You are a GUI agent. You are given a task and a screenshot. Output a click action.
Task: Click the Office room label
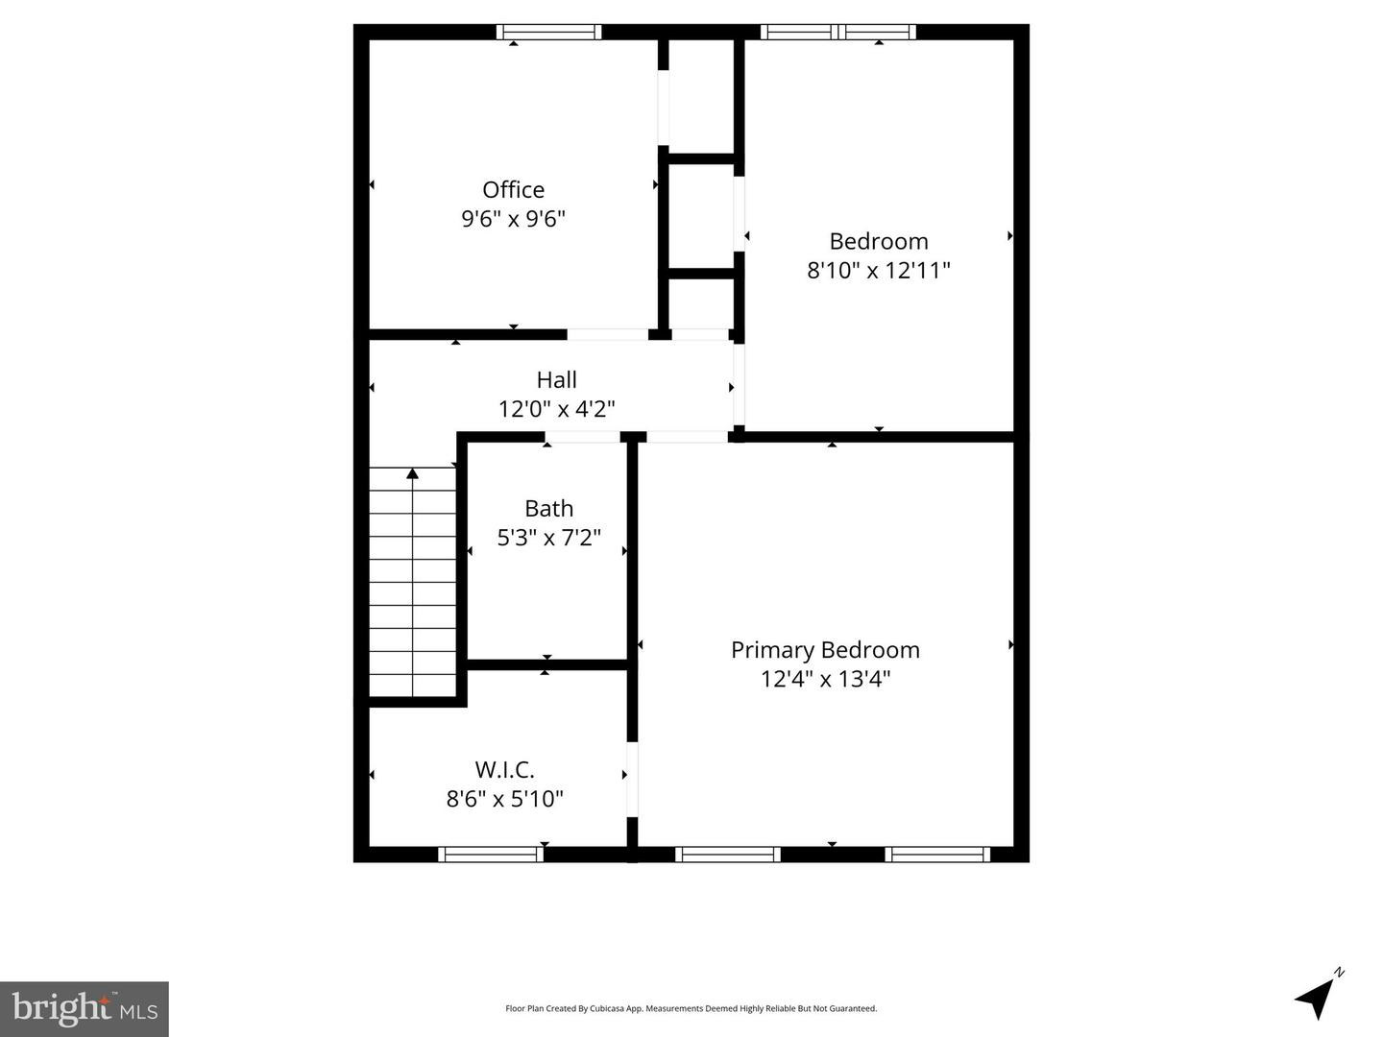tap(513, 189)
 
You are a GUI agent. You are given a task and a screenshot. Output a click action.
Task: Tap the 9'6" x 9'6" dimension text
tap(513, 219)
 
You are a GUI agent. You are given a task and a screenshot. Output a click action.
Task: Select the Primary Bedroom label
tap(825, 650)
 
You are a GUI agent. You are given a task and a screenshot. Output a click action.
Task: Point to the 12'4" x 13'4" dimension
tap(825, 679)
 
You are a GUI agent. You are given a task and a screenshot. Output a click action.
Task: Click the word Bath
tap(548, 508)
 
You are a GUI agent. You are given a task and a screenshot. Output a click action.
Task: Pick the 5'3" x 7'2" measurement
tap(548, 538)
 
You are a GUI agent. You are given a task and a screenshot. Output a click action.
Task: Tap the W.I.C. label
tap(504, 769)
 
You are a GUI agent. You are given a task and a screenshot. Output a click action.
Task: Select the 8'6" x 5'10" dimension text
tap(504, 799)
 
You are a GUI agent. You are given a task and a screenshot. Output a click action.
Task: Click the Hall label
tap(556, 379)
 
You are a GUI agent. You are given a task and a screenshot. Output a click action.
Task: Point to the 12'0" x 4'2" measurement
tap(556, 409)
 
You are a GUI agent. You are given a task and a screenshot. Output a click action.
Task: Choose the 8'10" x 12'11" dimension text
tap(878, 270)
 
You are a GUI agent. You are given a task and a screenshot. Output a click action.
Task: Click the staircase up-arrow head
tap(412, 472)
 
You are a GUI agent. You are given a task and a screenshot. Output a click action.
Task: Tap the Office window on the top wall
tap(548, 32)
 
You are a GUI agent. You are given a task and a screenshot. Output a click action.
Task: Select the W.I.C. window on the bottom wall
tap(491, 854)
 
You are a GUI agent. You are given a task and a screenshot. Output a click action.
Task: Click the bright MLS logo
tap(85, 1008)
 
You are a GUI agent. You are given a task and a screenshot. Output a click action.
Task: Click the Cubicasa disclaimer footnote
tap(691, 1008)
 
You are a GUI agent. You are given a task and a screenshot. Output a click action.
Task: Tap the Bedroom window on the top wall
tap(837, 32)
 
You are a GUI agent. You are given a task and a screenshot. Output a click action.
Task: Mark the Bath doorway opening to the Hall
tap(583, 437)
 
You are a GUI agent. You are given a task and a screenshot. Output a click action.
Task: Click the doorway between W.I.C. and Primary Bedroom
tap(632, 779)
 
